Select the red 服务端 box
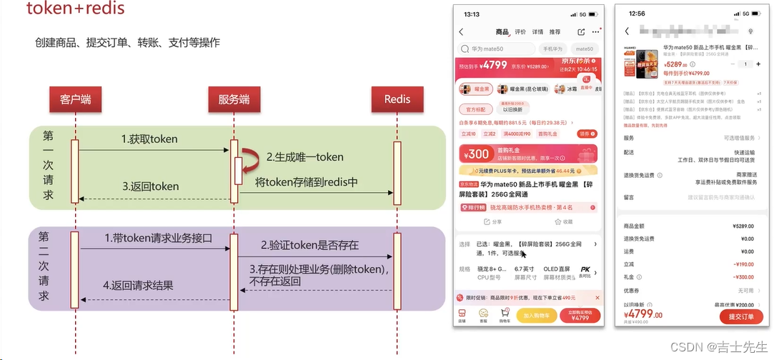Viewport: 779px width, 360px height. click(234, 100)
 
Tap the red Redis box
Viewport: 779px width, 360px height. click(397, 100)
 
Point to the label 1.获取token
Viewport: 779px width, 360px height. click(149, 139)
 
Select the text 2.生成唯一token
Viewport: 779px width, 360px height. click(305, 157)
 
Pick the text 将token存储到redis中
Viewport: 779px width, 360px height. click(307, 182)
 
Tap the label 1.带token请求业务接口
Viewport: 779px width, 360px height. click(158, 238)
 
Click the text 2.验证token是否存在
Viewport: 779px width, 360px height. click(309, 245)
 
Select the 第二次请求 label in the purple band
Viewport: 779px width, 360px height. click(44, 266)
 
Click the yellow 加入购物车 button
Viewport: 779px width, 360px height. click(536, 315)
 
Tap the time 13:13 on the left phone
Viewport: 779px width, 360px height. click(472, 14)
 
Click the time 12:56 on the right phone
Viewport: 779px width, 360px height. click(637, 14)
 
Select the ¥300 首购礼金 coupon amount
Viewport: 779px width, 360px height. click(477, 154)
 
